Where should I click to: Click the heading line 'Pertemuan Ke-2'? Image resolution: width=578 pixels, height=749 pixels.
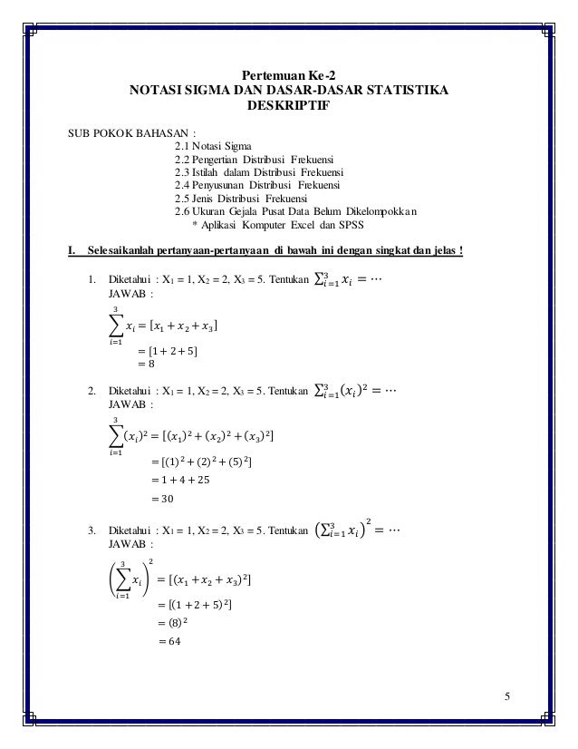pos(287,75)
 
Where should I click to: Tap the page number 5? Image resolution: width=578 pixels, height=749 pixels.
pos(508,695)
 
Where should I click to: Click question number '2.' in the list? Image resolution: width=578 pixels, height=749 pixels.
pos(92,392)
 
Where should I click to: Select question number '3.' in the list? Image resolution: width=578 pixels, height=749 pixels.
pos(92,529)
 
